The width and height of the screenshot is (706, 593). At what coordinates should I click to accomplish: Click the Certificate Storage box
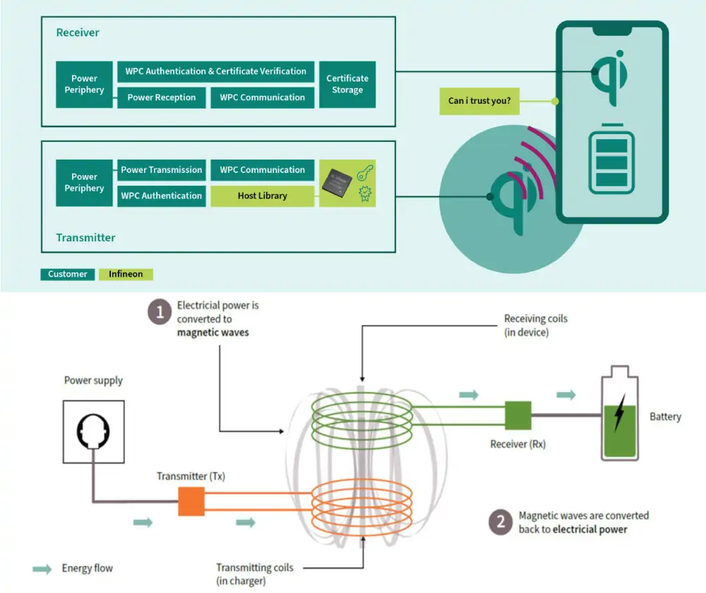pos(347,84)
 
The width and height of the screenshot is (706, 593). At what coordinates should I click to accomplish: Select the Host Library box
pos(262,196)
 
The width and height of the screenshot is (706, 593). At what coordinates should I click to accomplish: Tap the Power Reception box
pos(162,97)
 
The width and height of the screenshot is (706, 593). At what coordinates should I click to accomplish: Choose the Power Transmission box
pos(162,169)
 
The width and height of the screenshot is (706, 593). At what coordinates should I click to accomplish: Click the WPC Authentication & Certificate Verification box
pos(215,71)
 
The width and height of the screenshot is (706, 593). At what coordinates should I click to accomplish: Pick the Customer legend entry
pos(68,274)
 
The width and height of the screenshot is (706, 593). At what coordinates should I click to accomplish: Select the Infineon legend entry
pos(126,274)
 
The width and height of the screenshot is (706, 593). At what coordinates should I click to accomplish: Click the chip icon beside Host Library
pos(337,183)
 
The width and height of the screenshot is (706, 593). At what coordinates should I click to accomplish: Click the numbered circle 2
pos(501,522)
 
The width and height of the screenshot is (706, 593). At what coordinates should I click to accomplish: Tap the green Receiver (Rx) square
pos(517,415)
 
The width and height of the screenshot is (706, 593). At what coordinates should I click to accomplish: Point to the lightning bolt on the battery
pos(619,413)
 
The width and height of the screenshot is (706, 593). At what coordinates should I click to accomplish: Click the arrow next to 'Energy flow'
pos(42,568)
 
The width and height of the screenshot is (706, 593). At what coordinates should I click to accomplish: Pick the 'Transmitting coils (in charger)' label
pos(254,574)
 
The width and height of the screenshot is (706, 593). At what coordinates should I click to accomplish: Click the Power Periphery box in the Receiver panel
pos(84,84)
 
